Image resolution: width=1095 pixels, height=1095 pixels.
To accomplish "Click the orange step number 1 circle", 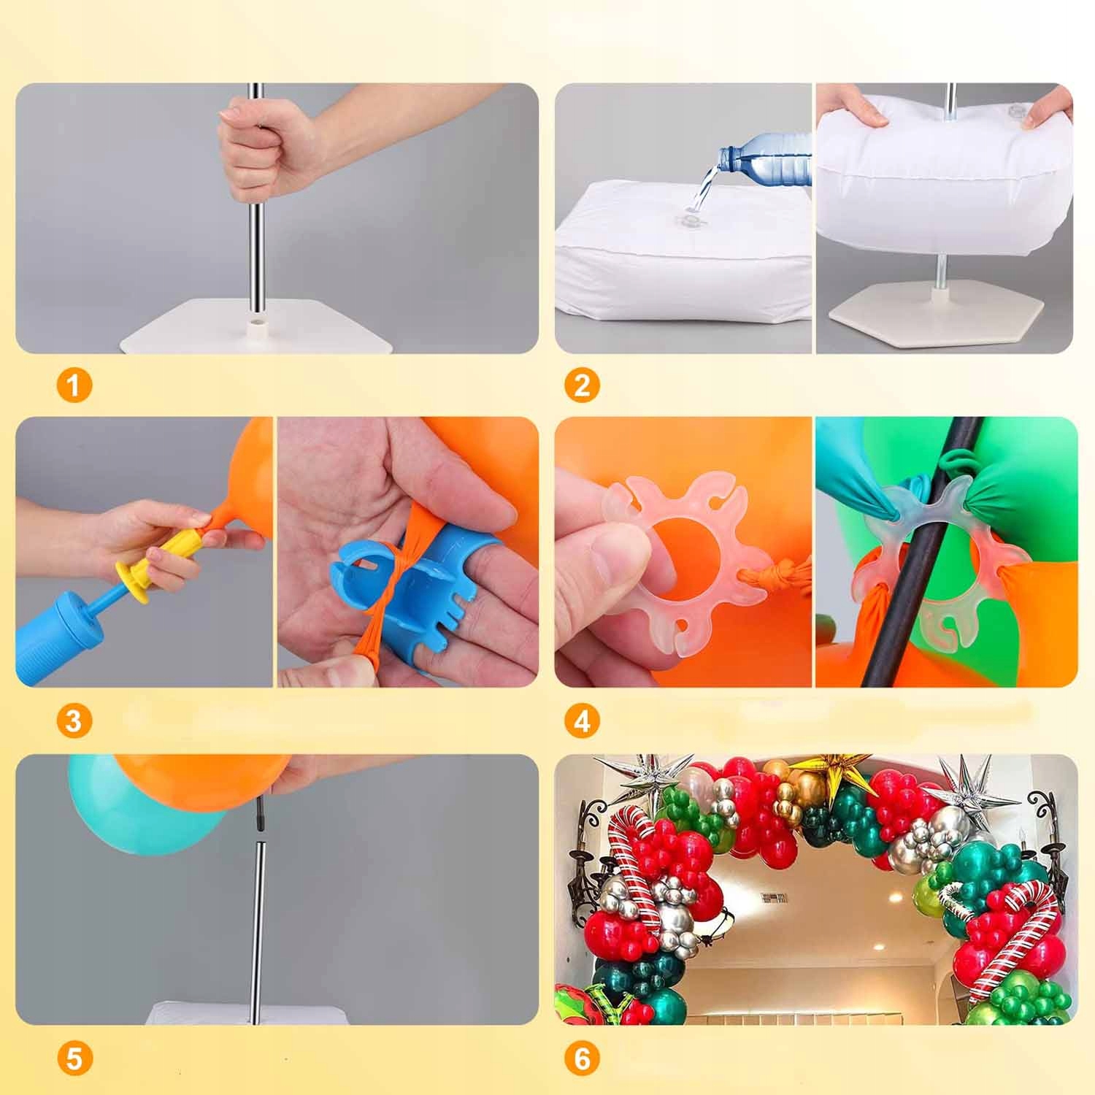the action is coord(74,385).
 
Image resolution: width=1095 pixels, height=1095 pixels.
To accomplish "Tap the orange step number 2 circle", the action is coord(583,385).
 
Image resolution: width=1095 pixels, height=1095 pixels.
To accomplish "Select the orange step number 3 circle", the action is coord(74,721).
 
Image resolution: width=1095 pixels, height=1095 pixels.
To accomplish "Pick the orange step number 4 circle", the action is coord(583,721).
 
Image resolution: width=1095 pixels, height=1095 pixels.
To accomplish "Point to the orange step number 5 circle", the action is coord(74,1058).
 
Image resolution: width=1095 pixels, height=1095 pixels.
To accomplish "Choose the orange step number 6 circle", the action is coord(583,1058).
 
